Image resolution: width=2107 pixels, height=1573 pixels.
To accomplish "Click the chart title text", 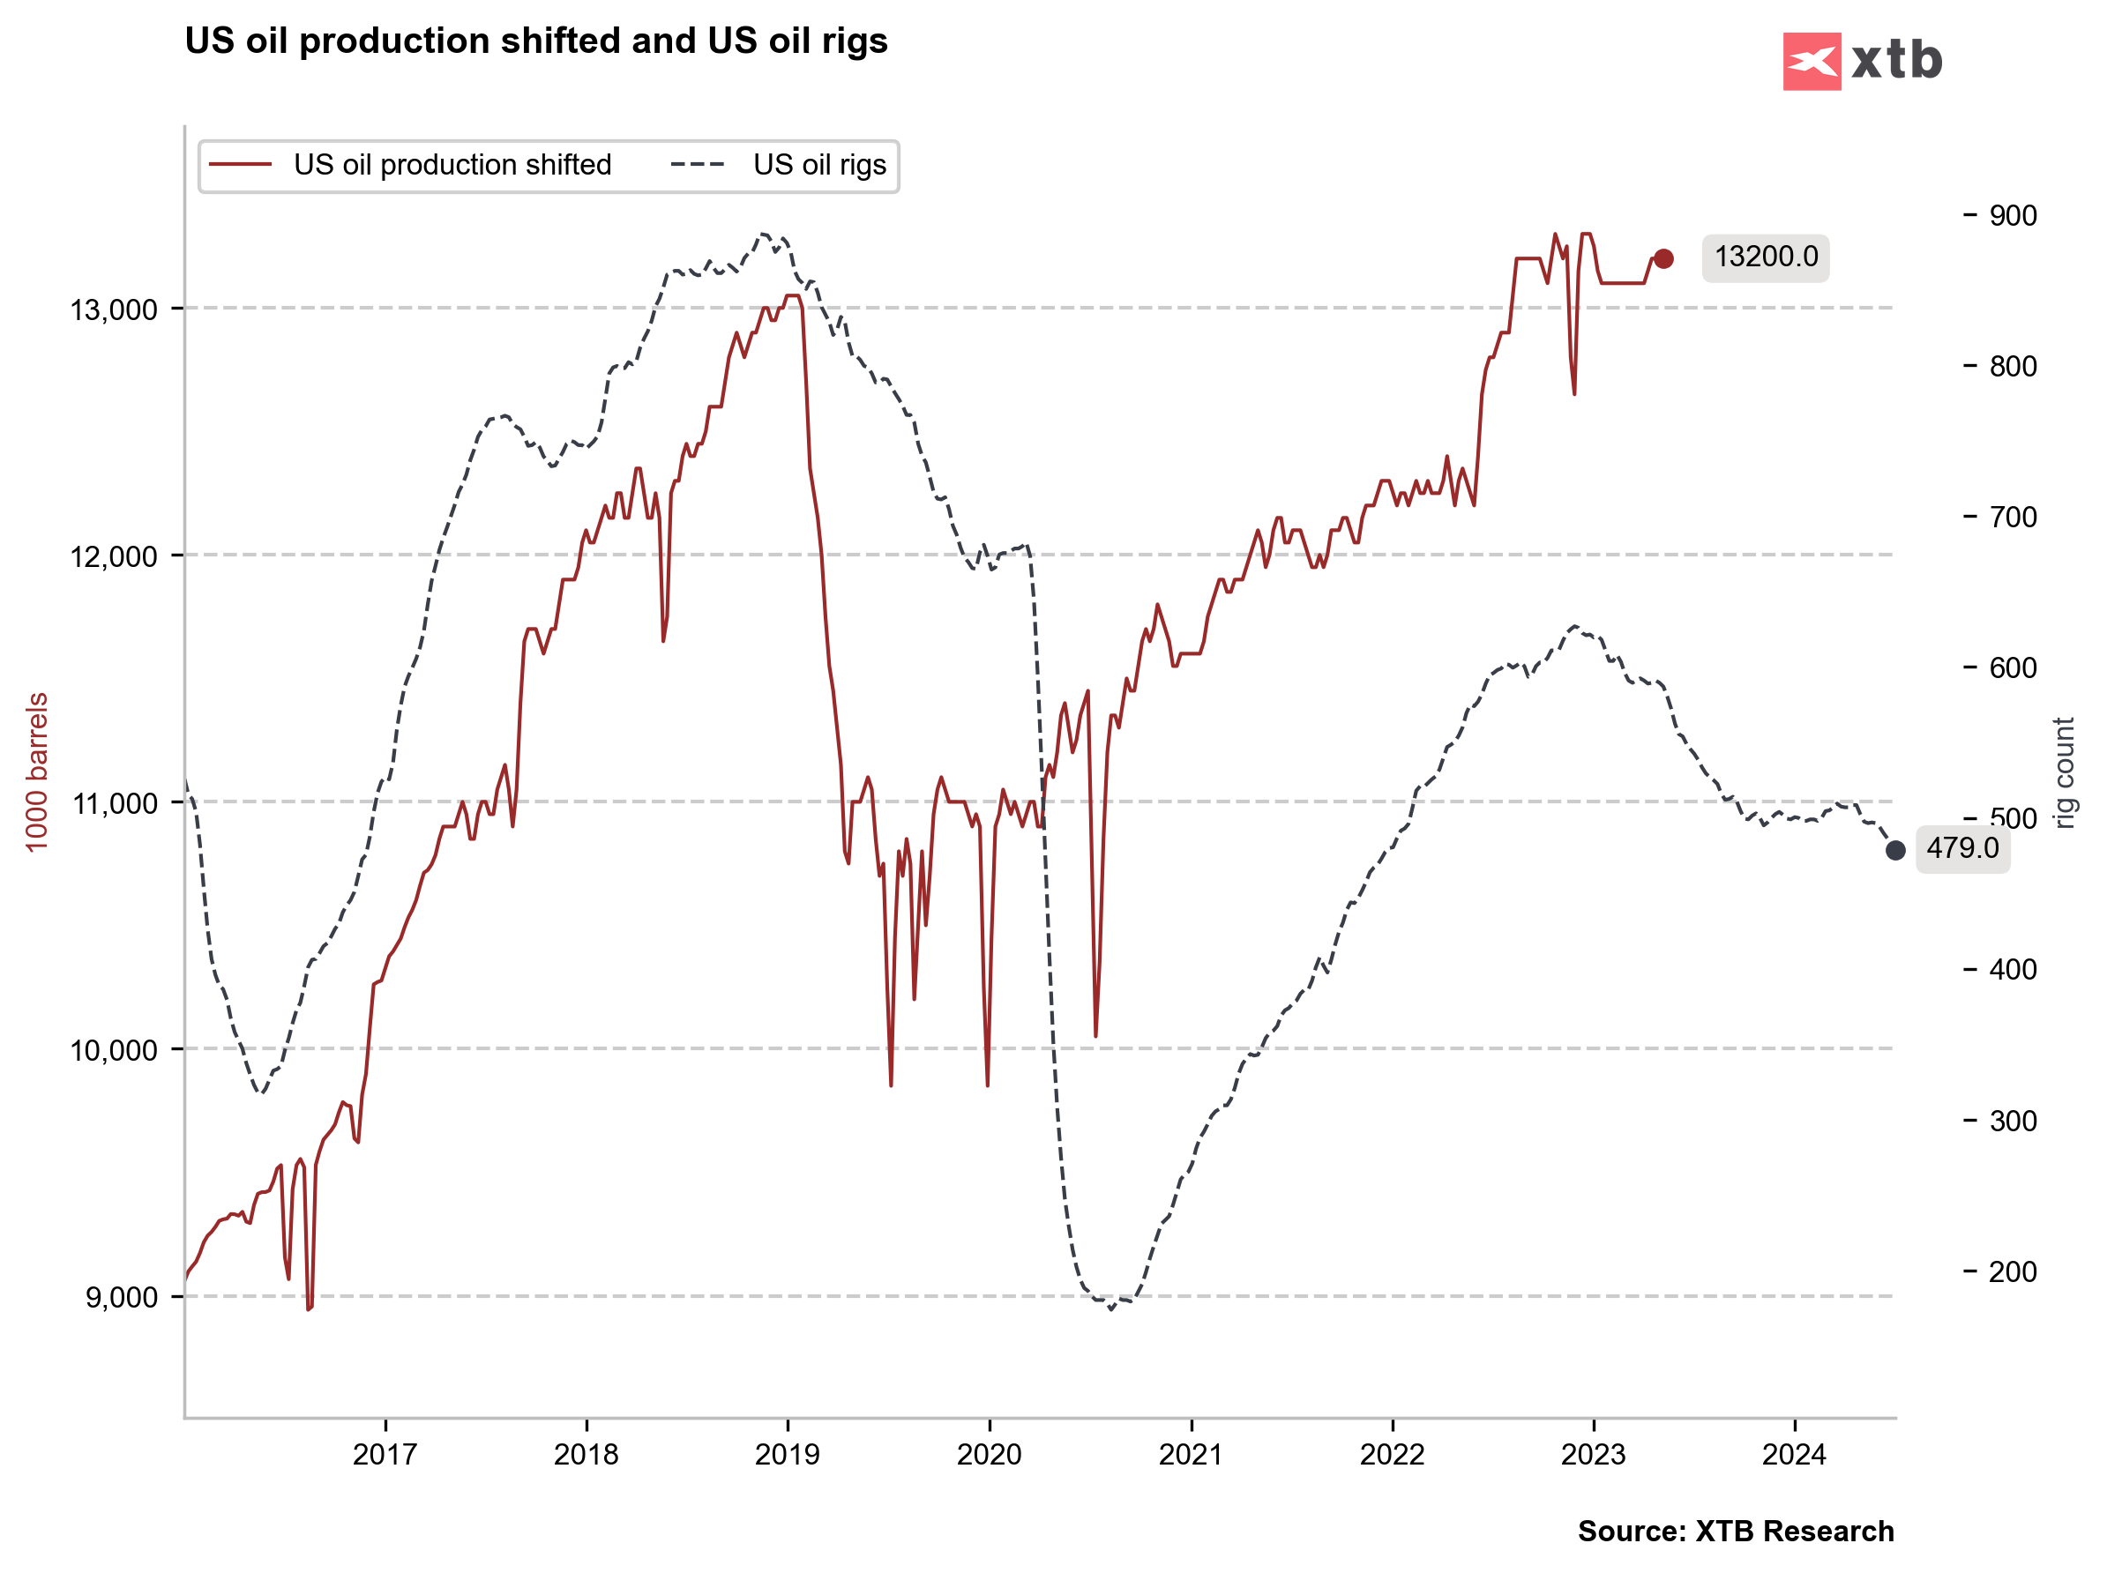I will pos(535,41).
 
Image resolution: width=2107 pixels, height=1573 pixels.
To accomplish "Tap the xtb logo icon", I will pos(1811,62).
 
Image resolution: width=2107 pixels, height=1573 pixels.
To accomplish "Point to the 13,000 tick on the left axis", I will pos(112,309).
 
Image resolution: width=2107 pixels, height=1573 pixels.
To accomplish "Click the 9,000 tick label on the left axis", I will pos(119,1298).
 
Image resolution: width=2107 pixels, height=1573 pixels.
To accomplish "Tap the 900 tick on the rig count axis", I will pos(2013,216).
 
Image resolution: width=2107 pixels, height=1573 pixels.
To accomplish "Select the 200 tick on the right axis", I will pos(2013,1272).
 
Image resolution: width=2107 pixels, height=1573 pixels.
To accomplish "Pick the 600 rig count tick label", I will pos(2013,668).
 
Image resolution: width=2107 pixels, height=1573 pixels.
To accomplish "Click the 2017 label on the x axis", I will pos(385,1455).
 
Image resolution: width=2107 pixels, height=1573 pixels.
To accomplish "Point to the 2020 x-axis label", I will pos(989,1455).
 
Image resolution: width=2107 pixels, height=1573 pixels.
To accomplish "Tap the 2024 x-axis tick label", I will pos(1795,1455).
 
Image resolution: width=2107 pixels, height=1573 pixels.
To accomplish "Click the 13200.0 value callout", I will pos(1765,257).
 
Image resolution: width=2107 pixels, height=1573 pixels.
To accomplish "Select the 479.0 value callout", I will pos(1962,848).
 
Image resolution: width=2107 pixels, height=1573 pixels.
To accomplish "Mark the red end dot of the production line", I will pos(1663,259).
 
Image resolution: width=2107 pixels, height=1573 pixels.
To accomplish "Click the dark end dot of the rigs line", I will pos(1895,850).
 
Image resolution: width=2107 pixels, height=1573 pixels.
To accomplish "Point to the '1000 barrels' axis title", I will pos(37,772).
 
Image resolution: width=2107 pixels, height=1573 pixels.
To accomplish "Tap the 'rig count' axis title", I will pos(2063,773).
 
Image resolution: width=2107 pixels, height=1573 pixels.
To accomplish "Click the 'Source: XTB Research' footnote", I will pos(1736,1531).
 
